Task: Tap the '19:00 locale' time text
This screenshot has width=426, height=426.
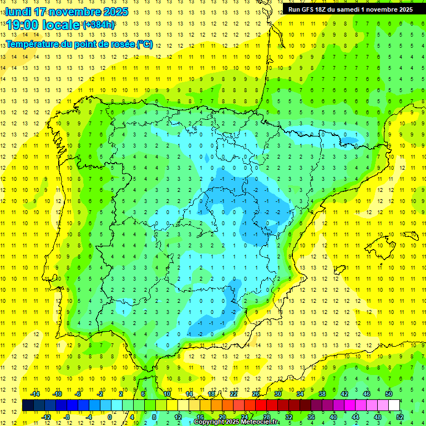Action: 43,25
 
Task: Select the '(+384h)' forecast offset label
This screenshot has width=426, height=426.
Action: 98,25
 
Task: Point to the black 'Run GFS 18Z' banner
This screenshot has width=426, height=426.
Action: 350,9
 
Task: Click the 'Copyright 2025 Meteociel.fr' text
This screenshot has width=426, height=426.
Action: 236,422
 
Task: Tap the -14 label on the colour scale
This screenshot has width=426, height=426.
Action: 34,394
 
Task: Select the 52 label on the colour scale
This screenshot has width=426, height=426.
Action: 399,417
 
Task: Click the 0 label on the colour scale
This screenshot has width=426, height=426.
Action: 110,417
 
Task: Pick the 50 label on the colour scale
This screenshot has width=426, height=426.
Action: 388,394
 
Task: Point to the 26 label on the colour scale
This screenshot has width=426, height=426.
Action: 255,394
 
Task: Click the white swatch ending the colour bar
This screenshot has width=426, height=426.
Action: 394,405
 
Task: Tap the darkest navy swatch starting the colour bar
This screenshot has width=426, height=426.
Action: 28,405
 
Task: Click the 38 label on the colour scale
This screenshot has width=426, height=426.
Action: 322,394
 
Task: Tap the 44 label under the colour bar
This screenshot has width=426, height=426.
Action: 355,417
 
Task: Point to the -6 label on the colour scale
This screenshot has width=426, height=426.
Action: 79,394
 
